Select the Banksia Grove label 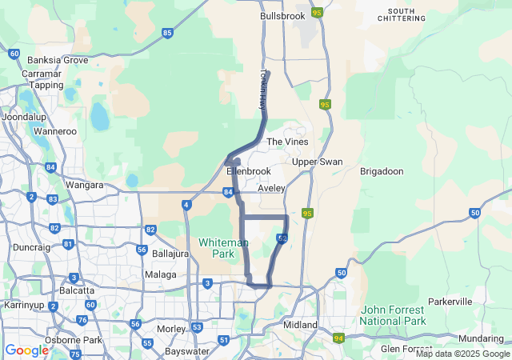(58, 60)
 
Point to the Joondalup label (24, 116)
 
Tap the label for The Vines (287, 142)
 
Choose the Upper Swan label (317, 162)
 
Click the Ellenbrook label (249, 171)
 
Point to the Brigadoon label (382, 171)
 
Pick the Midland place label (301, 325)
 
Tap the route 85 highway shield (166, 33)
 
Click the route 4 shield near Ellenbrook (186, 205)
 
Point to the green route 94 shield (339, 338)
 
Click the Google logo (26, 350)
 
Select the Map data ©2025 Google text (462, 354)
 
